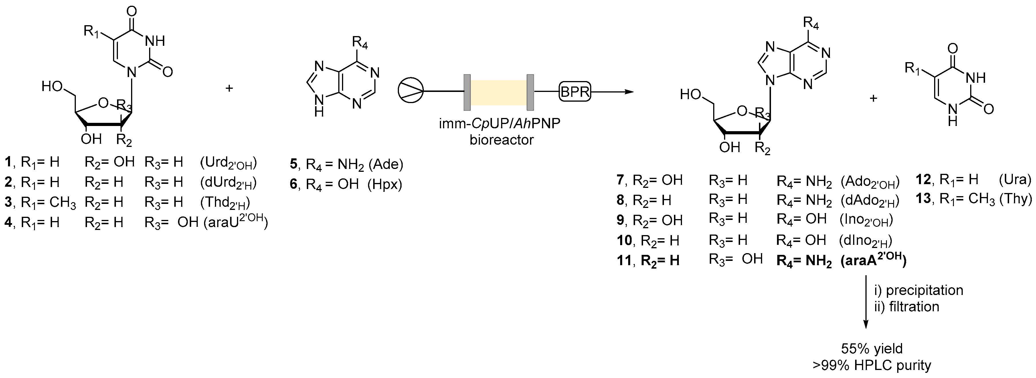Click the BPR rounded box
(575, 92)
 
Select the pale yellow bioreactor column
(499, 92)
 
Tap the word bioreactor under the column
(501, 140)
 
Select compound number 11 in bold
(624, 261)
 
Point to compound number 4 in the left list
(8, 222)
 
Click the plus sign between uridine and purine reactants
(229, 88)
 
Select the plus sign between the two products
(873, 98)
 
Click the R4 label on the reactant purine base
(360, 42)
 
